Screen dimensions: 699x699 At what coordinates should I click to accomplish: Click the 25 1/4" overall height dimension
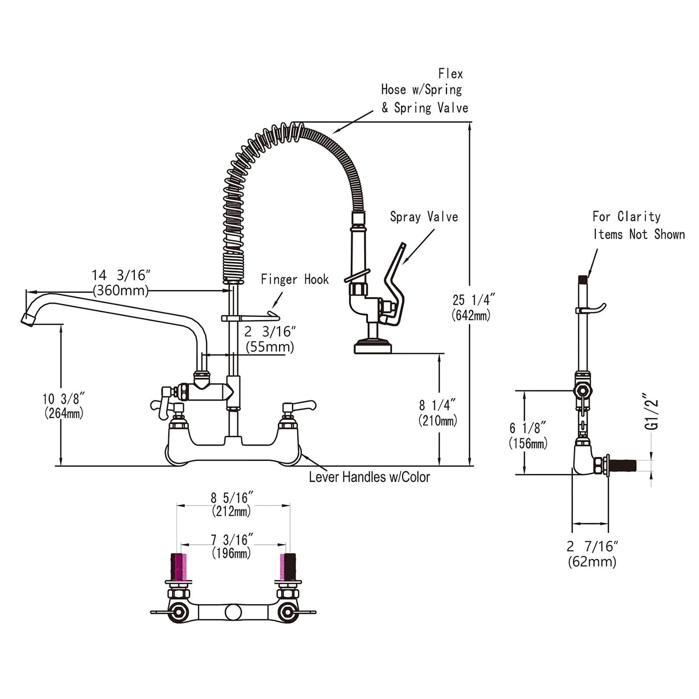click(x=473, y=300)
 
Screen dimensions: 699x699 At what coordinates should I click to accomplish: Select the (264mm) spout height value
click(x=63, y=414)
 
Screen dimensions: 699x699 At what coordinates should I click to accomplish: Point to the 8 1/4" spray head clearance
click(x=437, y=404)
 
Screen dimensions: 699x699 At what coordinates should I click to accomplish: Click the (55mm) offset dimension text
click(x=269, y=347)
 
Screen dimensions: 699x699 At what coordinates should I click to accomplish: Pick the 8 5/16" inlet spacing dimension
click(x=232, y=497)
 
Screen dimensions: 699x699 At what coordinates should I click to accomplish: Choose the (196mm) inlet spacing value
click(x=231, y=553)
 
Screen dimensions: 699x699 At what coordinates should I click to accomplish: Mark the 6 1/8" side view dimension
click(x=528, y=428)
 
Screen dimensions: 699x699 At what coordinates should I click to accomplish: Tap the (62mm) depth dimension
click(x=592, y=562)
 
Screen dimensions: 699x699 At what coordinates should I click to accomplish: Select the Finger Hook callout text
click(x=295, y=279)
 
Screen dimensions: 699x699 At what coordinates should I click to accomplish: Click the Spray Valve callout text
click(x=424, y=217)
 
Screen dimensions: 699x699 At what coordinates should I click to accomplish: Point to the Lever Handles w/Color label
click(x=369, y=477)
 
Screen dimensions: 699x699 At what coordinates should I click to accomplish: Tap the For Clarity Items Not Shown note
click(x=639, y=225)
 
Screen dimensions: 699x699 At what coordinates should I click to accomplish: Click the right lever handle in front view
click(x=301, y=404)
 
